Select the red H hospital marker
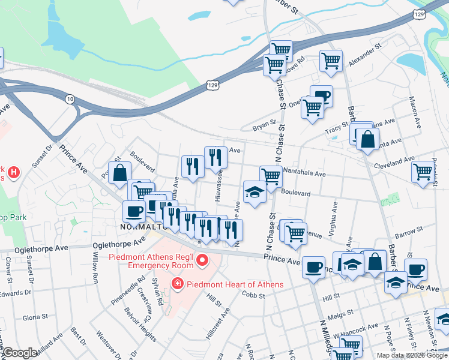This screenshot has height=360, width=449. pos(14,173)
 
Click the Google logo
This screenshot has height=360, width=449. pos(20,353)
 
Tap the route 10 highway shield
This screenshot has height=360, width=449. pos(71,98)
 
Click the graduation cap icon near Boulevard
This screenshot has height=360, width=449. pos(255,193)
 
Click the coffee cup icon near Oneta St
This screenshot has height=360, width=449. pos(322,96)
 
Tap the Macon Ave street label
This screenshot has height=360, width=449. pos(413,112)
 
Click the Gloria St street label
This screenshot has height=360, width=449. pos(35,316)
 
